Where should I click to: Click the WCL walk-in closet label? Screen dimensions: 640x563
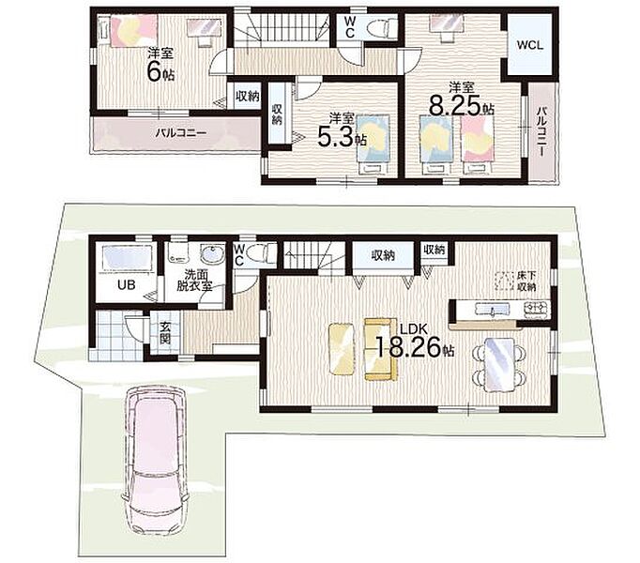click(x=530, y=45)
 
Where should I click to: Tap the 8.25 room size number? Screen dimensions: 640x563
click(x=456, y=107)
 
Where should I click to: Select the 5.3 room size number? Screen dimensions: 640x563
click(x=335, y=139)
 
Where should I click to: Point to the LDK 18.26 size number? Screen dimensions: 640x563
click(x=408, y=347)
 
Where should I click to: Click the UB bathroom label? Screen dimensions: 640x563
click(x=126, y=284)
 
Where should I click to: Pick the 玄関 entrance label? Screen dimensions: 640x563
click(x=165, y=333)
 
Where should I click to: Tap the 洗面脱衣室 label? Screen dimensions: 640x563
click(x=194, y=280)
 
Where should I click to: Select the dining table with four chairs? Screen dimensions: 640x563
click(x=498, y=365)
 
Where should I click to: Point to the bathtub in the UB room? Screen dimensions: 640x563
click(x=127, y=257)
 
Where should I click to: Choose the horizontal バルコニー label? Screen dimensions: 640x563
click(x=180, y=133)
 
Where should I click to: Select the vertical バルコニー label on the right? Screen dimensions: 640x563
click(x=542, y=131)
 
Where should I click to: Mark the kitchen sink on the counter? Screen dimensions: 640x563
click(x=493, y=309)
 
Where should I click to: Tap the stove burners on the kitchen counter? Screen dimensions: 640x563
click(x=535, y=308)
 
